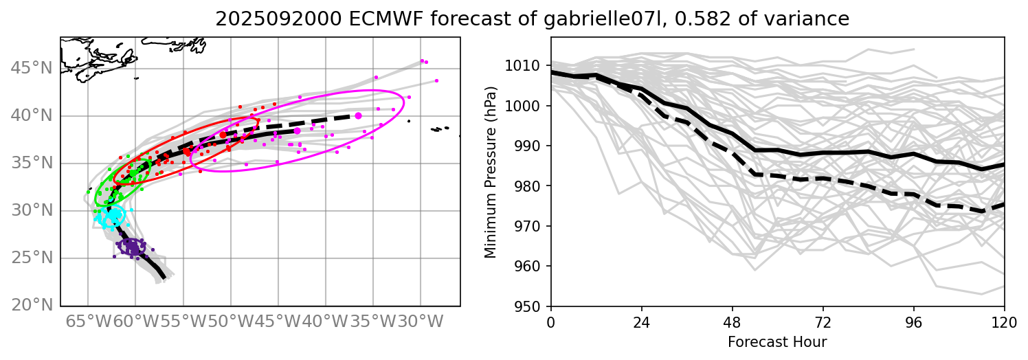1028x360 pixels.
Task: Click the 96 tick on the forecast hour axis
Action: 914,320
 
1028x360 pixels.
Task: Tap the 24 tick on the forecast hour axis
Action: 642,320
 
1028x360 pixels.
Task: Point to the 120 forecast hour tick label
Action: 1005,320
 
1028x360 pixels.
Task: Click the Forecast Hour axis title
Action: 777,341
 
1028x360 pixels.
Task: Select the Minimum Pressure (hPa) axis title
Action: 490,172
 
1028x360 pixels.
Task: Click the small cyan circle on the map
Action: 114,215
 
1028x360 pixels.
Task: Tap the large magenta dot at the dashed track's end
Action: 359,115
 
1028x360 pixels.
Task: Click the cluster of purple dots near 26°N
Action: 131,246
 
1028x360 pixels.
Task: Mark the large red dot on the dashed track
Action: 223,135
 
